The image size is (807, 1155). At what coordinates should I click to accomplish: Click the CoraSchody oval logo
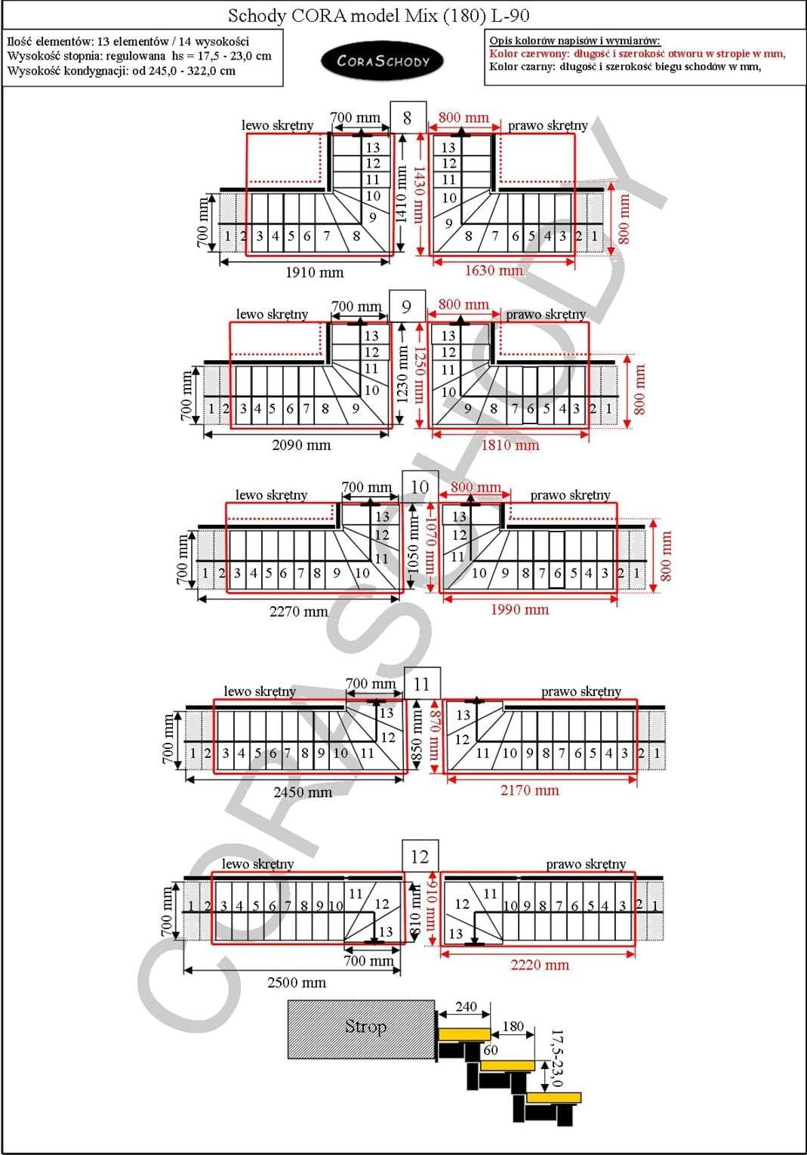point(382,61)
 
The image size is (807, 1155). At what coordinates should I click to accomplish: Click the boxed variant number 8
point(408,118)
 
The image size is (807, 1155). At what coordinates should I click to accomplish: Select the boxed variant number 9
point(407,306)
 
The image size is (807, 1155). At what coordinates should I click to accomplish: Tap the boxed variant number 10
point(420,486)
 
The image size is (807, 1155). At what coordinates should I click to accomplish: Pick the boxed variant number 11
point(422,684)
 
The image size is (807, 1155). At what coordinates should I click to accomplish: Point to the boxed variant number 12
point(420,857)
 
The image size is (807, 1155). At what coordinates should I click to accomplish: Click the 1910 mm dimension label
point(315,273)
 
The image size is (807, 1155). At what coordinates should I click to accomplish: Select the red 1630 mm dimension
point(494,270)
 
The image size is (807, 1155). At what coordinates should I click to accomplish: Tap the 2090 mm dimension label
point(301,445)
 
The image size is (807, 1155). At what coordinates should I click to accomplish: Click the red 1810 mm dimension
point(510,445)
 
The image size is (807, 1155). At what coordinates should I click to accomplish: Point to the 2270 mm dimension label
point(298,611)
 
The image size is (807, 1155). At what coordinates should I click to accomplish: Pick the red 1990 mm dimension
point(520,609)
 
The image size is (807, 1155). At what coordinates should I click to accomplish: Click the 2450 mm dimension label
point(303,792)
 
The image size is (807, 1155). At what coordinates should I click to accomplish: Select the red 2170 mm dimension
point(530,790)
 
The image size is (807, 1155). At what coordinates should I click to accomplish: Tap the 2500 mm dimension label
point(297,982)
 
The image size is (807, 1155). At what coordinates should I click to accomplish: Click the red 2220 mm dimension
point(540,965)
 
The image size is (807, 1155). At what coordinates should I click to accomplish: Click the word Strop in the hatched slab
point(365,1027)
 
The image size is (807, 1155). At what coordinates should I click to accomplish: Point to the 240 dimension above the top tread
point(466,1006)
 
